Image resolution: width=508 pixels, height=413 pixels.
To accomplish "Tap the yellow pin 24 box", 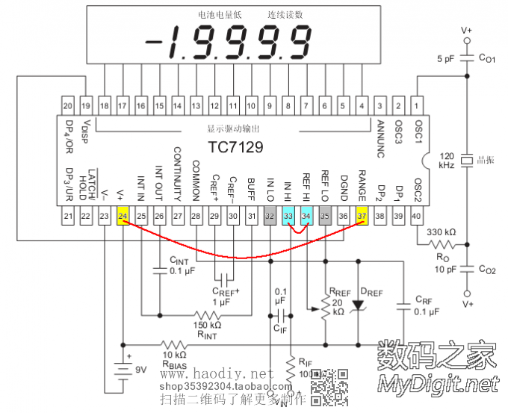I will point(123,216).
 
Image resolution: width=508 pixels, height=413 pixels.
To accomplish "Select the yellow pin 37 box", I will point(362,216).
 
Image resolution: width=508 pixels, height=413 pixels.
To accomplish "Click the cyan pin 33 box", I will point(288,216).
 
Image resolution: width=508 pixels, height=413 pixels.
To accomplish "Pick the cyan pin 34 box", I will point(306,216).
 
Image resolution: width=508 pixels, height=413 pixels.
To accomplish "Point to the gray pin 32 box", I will point(270,216).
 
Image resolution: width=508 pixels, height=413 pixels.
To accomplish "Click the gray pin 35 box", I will point(325,216).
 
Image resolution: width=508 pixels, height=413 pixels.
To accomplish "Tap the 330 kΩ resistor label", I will point(441,232).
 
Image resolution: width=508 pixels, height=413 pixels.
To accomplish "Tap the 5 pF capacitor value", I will point(446,58).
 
